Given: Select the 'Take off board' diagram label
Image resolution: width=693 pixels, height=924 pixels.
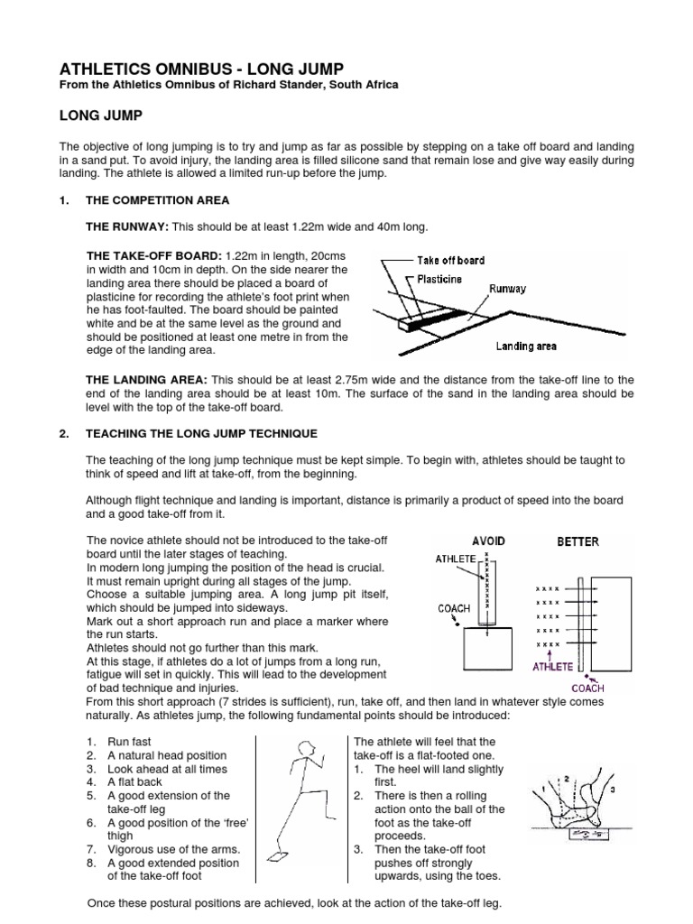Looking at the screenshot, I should point(450,260).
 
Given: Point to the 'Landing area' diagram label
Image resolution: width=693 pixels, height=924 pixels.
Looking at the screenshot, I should point(526,346).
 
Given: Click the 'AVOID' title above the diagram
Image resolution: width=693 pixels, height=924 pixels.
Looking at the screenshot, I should point(487,541).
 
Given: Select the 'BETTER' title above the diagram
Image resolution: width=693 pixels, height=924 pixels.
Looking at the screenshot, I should point(577,542).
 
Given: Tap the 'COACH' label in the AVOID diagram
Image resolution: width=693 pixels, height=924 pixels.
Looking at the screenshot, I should point(455,609).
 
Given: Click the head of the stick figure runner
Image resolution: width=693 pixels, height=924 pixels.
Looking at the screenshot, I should point(307,747).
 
